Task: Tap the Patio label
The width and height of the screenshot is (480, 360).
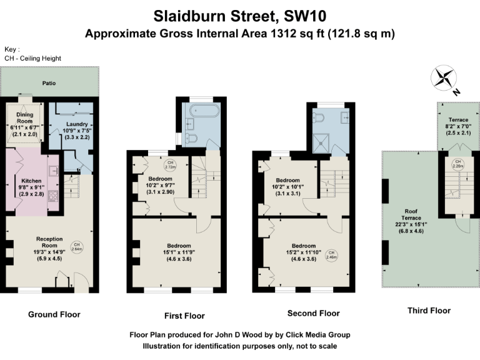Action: (49, 82)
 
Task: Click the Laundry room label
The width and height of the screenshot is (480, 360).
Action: (74, 128)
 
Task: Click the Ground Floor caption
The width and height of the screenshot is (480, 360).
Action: (54, 314)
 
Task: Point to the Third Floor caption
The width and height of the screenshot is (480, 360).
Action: (429, 311)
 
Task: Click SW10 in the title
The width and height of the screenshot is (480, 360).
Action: (297, 14)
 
